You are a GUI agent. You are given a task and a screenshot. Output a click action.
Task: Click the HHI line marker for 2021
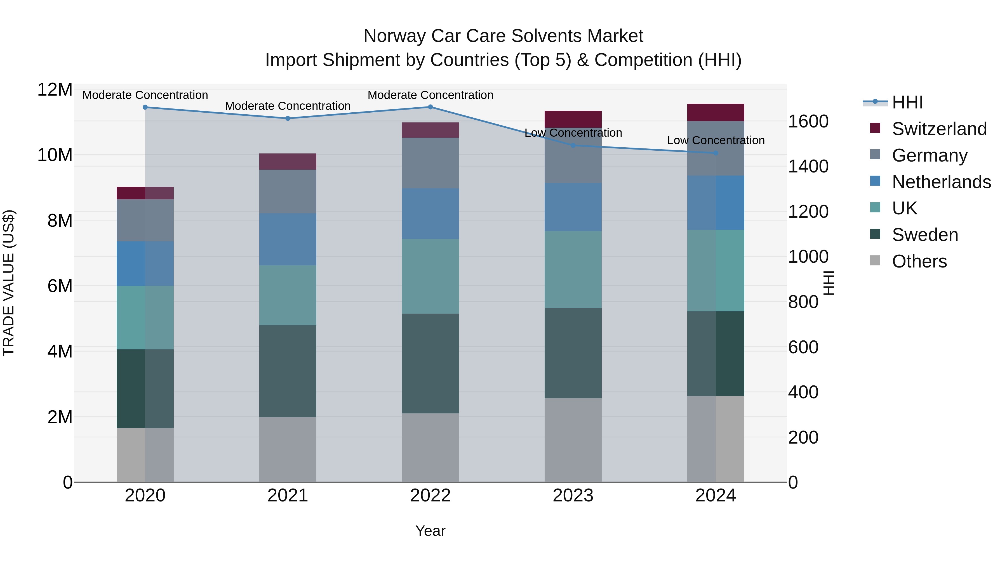click(288, 118)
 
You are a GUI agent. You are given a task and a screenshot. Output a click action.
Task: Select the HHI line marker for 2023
click(573, 145)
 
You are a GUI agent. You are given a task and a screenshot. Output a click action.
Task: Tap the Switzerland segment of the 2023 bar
click(573, 119)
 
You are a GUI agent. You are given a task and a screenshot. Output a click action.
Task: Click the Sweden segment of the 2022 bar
click(430, 363)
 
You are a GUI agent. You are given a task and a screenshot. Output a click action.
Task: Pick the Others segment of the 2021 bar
click(288, 449)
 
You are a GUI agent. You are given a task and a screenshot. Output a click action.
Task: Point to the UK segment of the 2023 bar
click(573, 269)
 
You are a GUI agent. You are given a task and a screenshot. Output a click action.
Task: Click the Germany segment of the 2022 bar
click(430, 163)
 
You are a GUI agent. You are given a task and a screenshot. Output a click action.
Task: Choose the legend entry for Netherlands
click(941, 182)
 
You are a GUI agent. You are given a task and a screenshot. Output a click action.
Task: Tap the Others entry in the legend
click(919, 261)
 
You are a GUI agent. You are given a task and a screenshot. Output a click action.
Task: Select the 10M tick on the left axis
click(55, 155)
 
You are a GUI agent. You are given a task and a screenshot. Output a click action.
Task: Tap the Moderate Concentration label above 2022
click(430, 95)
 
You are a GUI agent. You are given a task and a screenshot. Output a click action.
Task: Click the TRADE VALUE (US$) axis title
click(9, 283)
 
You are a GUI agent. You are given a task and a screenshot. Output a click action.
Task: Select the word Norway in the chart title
click(394, 36)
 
